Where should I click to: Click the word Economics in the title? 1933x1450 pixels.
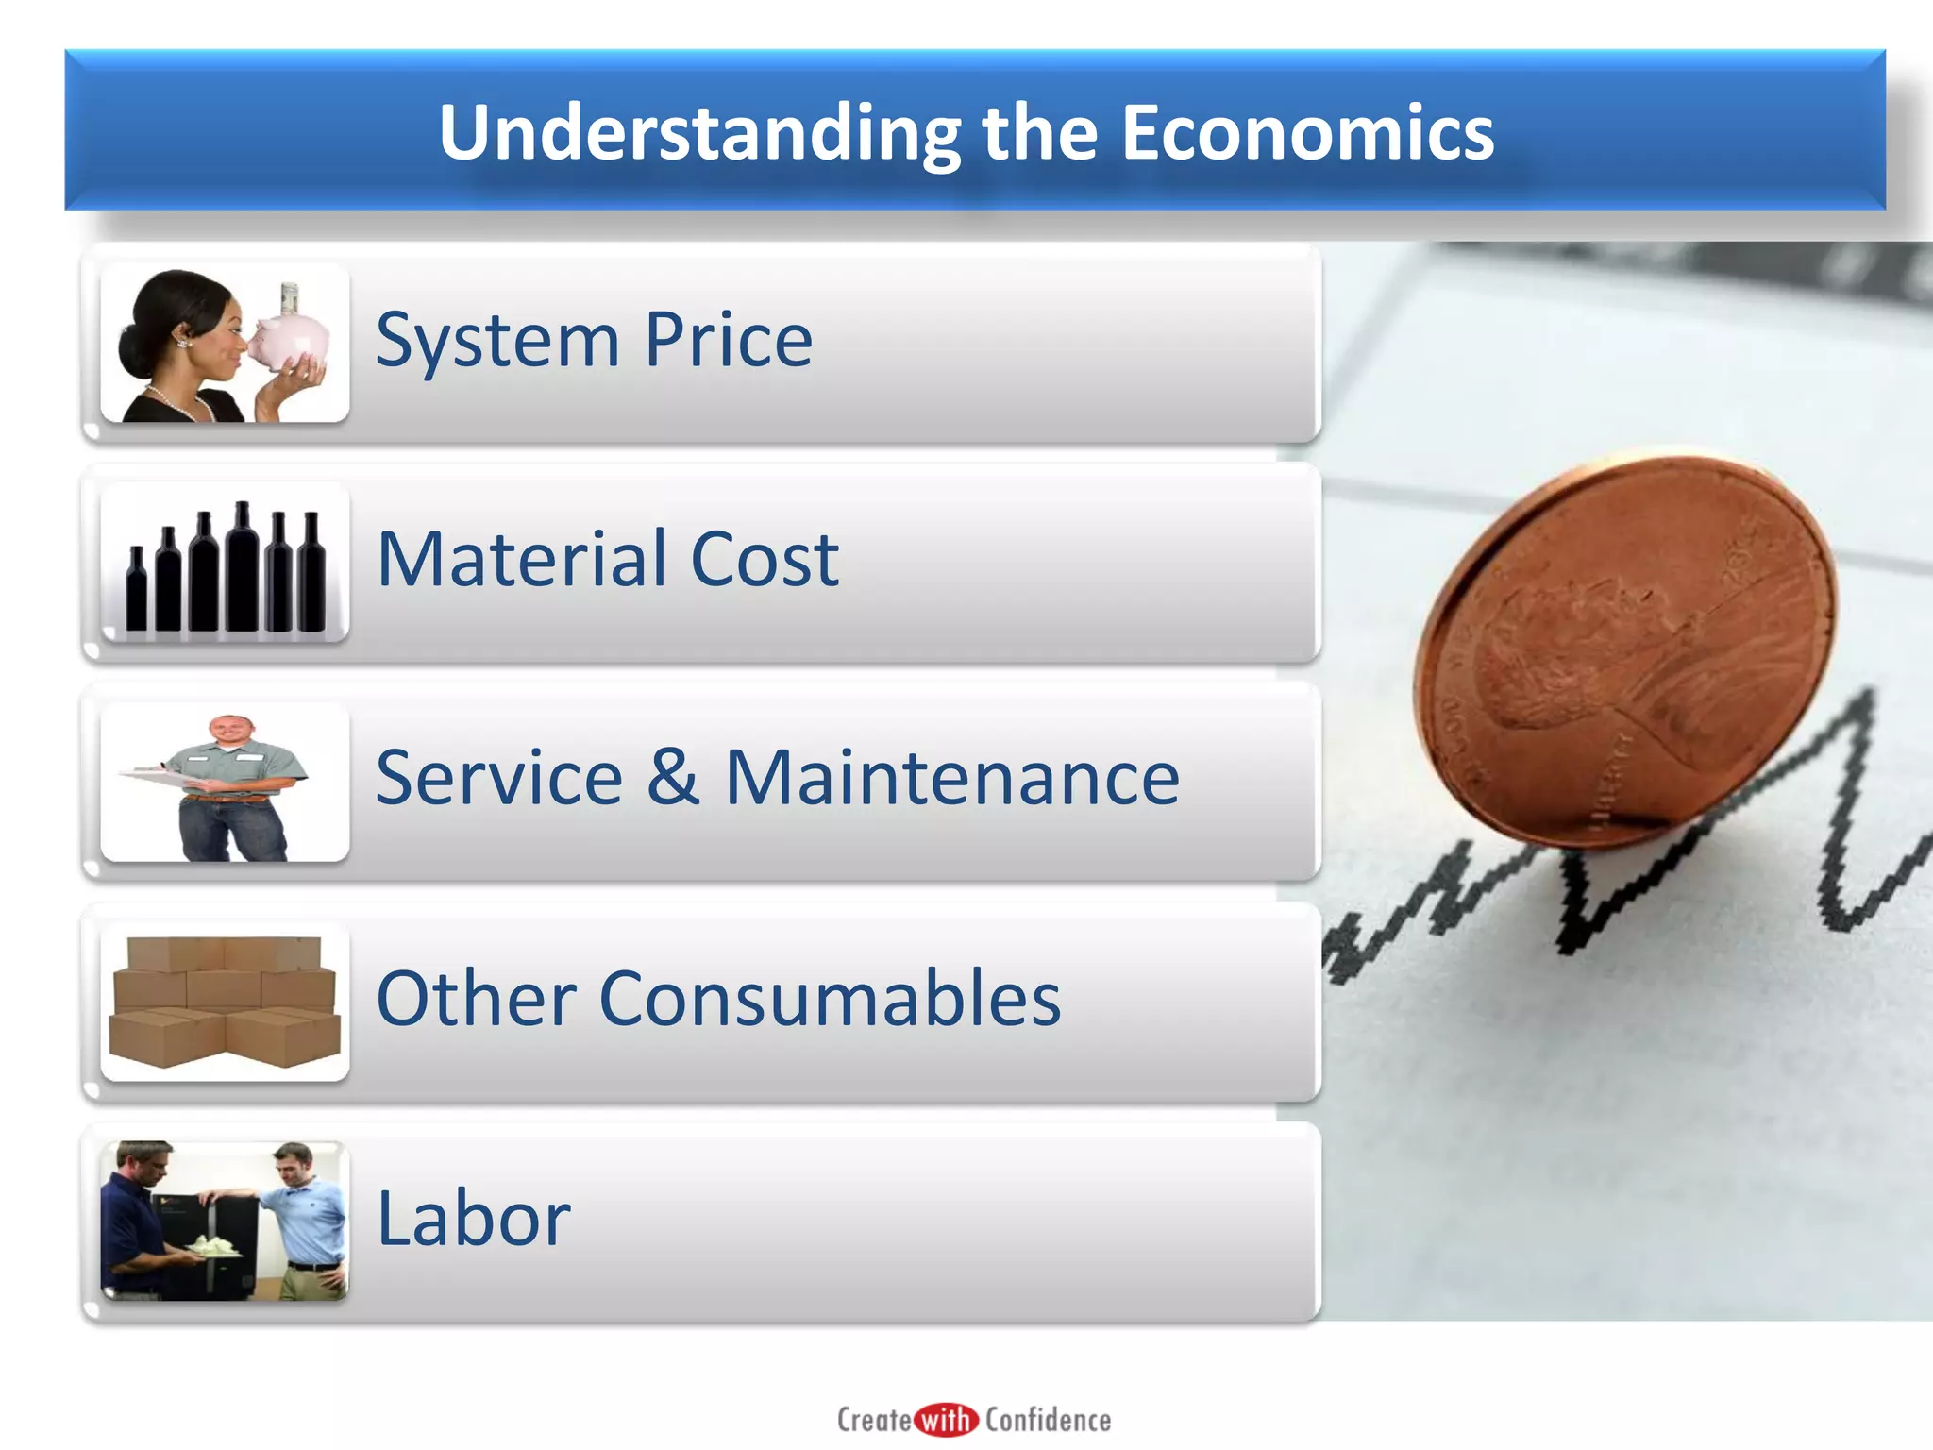tap(1307, 133)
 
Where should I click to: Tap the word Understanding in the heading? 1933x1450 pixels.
tap(698, 133)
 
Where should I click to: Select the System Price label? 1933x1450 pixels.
tap(594, 340)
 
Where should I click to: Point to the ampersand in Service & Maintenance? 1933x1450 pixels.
tap(674, 776)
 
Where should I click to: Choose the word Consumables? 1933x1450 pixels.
tap(830, 998)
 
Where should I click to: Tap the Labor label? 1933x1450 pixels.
tap(473, 1219)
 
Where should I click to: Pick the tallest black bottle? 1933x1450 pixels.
tap(242, 566)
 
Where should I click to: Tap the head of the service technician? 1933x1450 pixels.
tap(230, 731)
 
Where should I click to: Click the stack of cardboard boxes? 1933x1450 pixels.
tap(225, 1001)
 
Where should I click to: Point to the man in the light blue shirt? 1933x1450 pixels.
tap(304, 1218)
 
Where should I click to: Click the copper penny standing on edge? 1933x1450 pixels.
tap(1623, 651)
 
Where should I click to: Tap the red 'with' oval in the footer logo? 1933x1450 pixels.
tap(947, 1420)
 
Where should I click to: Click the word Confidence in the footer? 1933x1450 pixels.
tap(1048, 1420)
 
